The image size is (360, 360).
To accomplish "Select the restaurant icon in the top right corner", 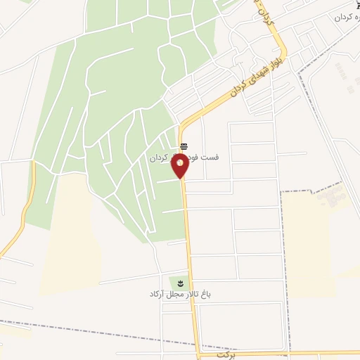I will (356, 6).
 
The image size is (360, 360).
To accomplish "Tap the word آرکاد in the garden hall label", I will (157, 294).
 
